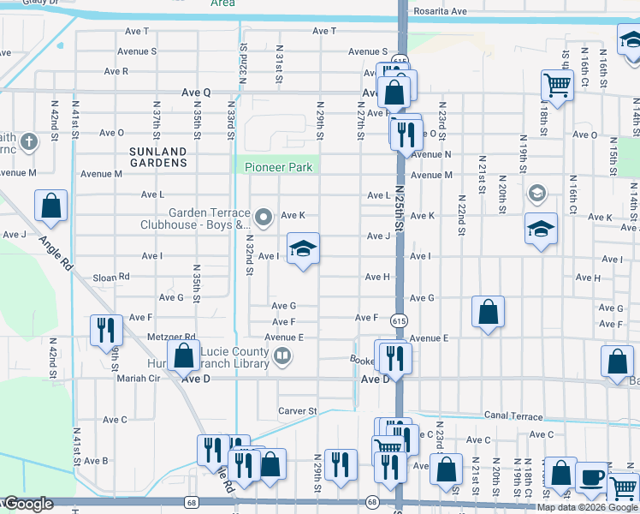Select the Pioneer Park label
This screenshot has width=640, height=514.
[278, 167]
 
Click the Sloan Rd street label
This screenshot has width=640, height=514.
[110, 277]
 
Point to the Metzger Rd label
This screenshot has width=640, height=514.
[171, 338]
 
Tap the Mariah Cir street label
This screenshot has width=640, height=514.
[138, 378]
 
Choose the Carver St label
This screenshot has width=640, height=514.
[297, 411]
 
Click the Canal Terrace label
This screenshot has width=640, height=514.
[513, 417]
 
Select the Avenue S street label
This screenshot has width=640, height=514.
[137, 51]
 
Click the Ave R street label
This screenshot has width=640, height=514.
[114, 72]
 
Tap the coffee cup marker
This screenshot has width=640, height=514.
[590, 477]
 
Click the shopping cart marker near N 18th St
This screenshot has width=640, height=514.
[557, 86]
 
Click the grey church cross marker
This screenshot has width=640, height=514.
[28, 140]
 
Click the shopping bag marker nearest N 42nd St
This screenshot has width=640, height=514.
[50, 206]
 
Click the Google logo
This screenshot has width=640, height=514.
[28, 504]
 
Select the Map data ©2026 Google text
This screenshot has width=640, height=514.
[588, 507]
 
